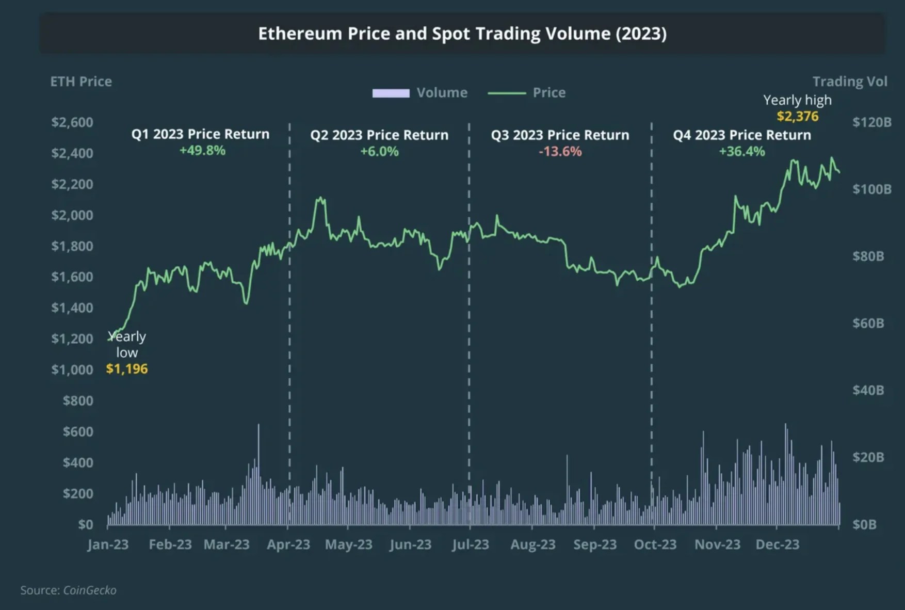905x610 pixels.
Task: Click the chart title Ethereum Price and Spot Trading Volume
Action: tap(462, 34)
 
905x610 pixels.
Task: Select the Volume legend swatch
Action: tap(391, 93)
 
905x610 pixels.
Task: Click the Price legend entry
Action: tap(548, 93)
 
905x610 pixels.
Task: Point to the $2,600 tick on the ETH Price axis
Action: tap(72, 122)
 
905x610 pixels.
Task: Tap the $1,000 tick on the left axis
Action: tap(72, 370)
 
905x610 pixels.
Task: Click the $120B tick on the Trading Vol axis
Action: tap(871, 122)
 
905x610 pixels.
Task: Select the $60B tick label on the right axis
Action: tap(868, 323)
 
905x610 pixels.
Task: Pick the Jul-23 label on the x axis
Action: tap(470, 544)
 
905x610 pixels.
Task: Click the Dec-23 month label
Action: tap(777, 544)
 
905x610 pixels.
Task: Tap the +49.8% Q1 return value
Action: tap(202, 151)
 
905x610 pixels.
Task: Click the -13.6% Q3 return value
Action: tap(560, 152)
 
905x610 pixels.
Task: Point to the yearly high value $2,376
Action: tap(797, 116)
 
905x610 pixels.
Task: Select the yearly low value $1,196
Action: tap(127, 369)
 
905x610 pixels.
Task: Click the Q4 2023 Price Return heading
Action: tap(741, 135)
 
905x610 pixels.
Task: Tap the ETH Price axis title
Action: tap(81, 82)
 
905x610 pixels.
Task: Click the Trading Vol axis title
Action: tap(849, 82)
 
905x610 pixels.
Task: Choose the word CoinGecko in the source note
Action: tap(90, 590)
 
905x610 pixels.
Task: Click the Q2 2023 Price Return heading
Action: tap(379, 135)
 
